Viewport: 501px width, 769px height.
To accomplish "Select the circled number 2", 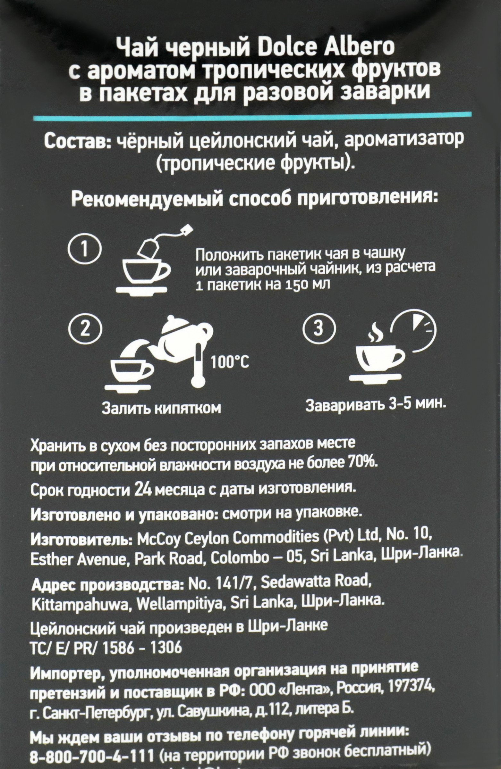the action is point(85,329).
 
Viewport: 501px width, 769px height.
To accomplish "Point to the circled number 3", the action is point(318,329).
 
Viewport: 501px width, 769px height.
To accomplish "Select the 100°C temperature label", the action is point(230,362).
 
